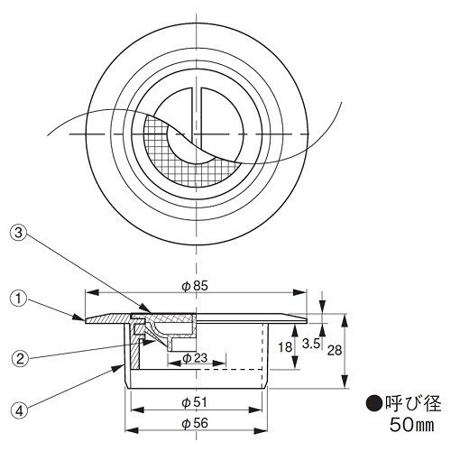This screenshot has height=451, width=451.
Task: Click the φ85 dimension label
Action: [195, 285]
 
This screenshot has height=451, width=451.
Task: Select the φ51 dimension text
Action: [195, 401]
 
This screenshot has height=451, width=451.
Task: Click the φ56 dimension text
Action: [195, 421]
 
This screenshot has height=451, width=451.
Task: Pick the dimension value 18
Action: [284, 345]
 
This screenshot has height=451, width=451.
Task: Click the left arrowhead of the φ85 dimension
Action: [87, 293]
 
